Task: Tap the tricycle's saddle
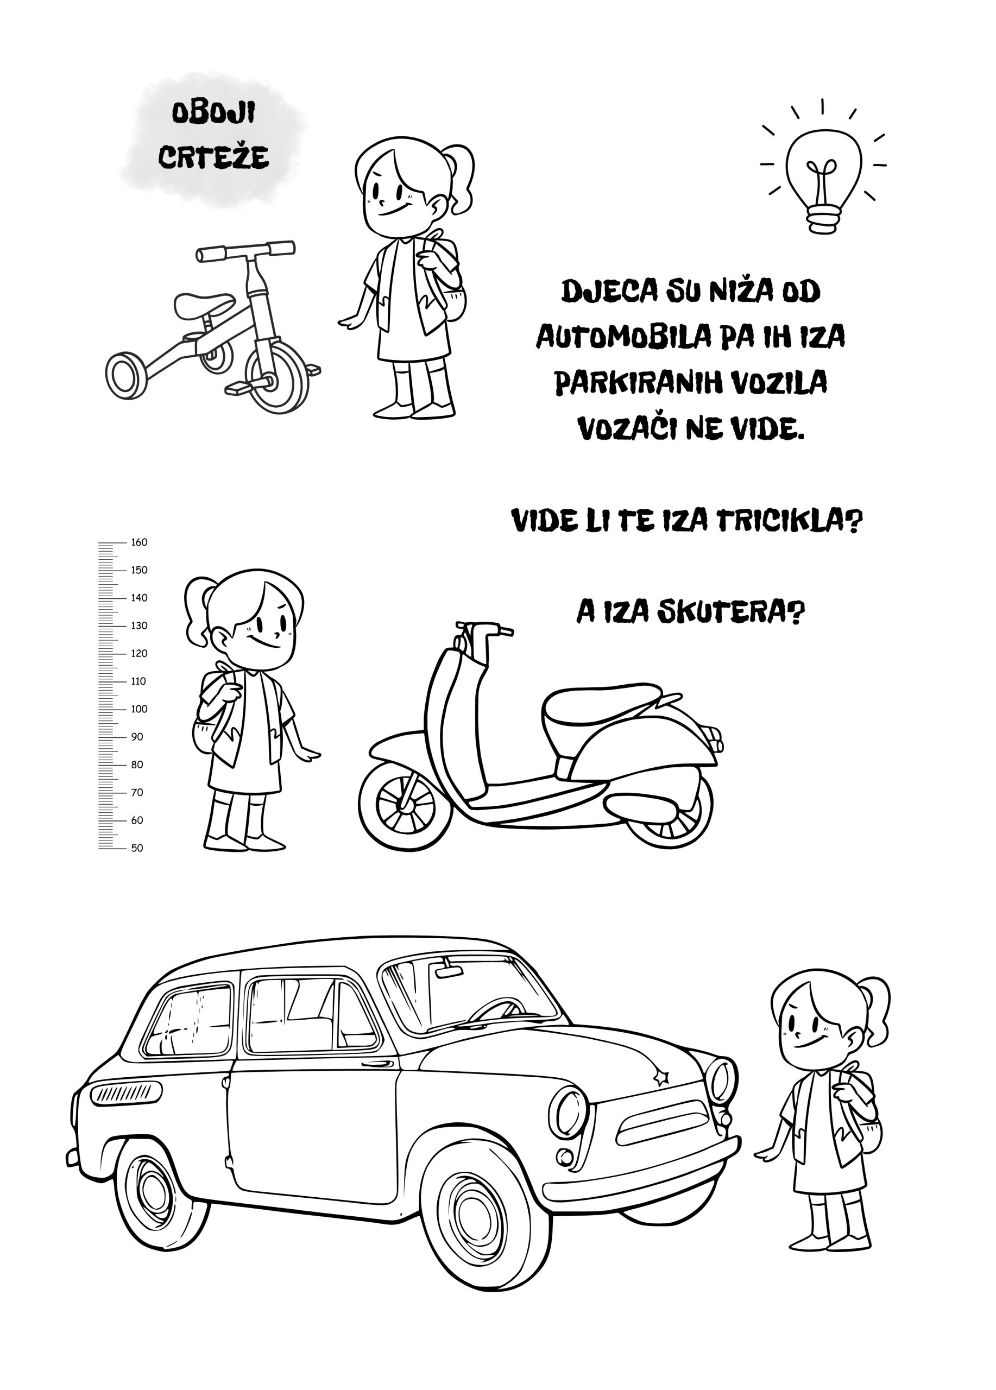(204, 305)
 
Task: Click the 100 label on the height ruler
(139, 709)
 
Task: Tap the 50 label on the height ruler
(137, 848)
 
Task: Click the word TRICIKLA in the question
(789, 521)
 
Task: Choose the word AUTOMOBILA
(623, 337)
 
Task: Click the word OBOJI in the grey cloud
(213, 113)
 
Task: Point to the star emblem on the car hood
(661, 1077)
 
